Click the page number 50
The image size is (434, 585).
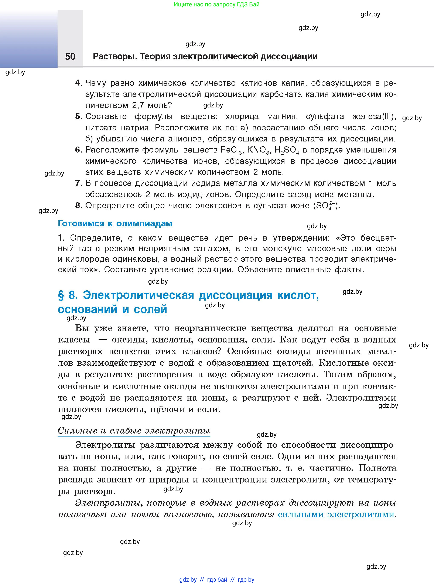(x=70, y=56)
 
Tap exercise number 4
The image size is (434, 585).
(x=78, y=83)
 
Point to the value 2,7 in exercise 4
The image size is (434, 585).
(x=138, y=106)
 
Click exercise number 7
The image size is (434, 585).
(x=78, y=183)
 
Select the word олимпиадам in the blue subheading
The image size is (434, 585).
(x=144, y=224)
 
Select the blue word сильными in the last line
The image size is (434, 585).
(x=301, y=514)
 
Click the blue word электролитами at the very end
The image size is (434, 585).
(x=361, y=514)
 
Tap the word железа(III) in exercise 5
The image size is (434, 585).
(x=374, y=116)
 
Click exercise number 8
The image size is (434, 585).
(x=78, y=205)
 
